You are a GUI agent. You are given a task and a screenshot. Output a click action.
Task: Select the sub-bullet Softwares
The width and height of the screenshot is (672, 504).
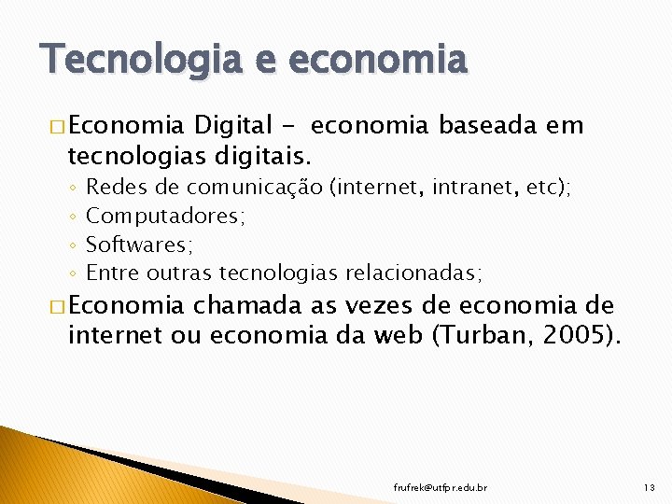coord(139,245)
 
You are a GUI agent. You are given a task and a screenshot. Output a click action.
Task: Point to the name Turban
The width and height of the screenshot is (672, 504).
coord(479,334)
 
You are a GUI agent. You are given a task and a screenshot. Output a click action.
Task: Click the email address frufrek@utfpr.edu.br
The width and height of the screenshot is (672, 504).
coord(441,487)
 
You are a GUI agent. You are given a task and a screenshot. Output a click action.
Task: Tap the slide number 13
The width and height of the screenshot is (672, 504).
coord(650,487)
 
